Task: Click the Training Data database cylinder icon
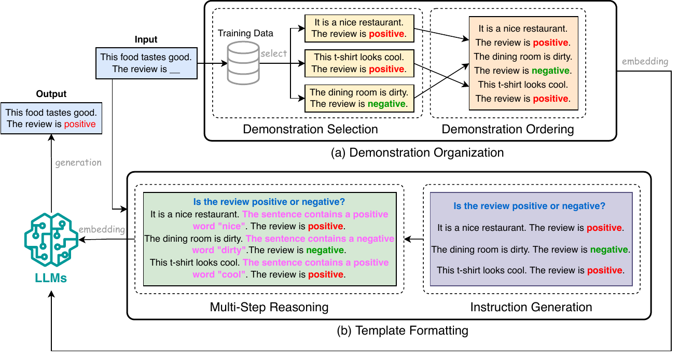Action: (243, 63)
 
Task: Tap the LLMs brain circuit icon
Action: (51, 239)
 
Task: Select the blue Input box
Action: (146, 63)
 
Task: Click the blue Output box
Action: (51, 118)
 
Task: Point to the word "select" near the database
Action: (274, 53)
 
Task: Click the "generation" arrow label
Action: (78, 163)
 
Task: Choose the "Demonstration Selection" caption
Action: (310, 129)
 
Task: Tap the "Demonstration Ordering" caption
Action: (508, 129)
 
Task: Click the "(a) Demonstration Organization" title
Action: (418, 153)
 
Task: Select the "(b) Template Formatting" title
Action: (403, 330)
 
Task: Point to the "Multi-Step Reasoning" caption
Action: (269, 307)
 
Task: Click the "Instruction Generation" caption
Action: (531, 307)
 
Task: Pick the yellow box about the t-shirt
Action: (359, 63)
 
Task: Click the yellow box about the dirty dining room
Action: (359, 98)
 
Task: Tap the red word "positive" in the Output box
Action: (80, 124)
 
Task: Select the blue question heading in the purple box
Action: (529, 206)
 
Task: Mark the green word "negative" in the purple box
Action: (609, 250)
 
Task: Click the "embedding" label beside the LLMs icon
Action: (102, 229)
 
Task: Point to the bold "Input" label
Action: (146, 39)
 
